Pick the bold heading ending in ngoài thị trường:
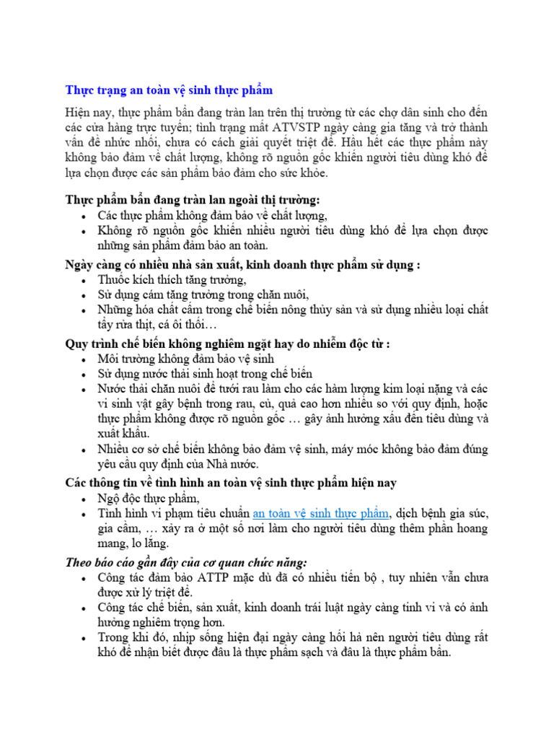193,199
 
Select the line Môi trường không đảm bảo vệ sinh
187,359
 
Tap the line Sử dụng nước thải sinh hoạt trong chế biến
205,374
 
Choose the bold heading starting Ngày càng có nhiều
242,264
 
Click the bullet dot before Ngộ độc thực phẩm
86,499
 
